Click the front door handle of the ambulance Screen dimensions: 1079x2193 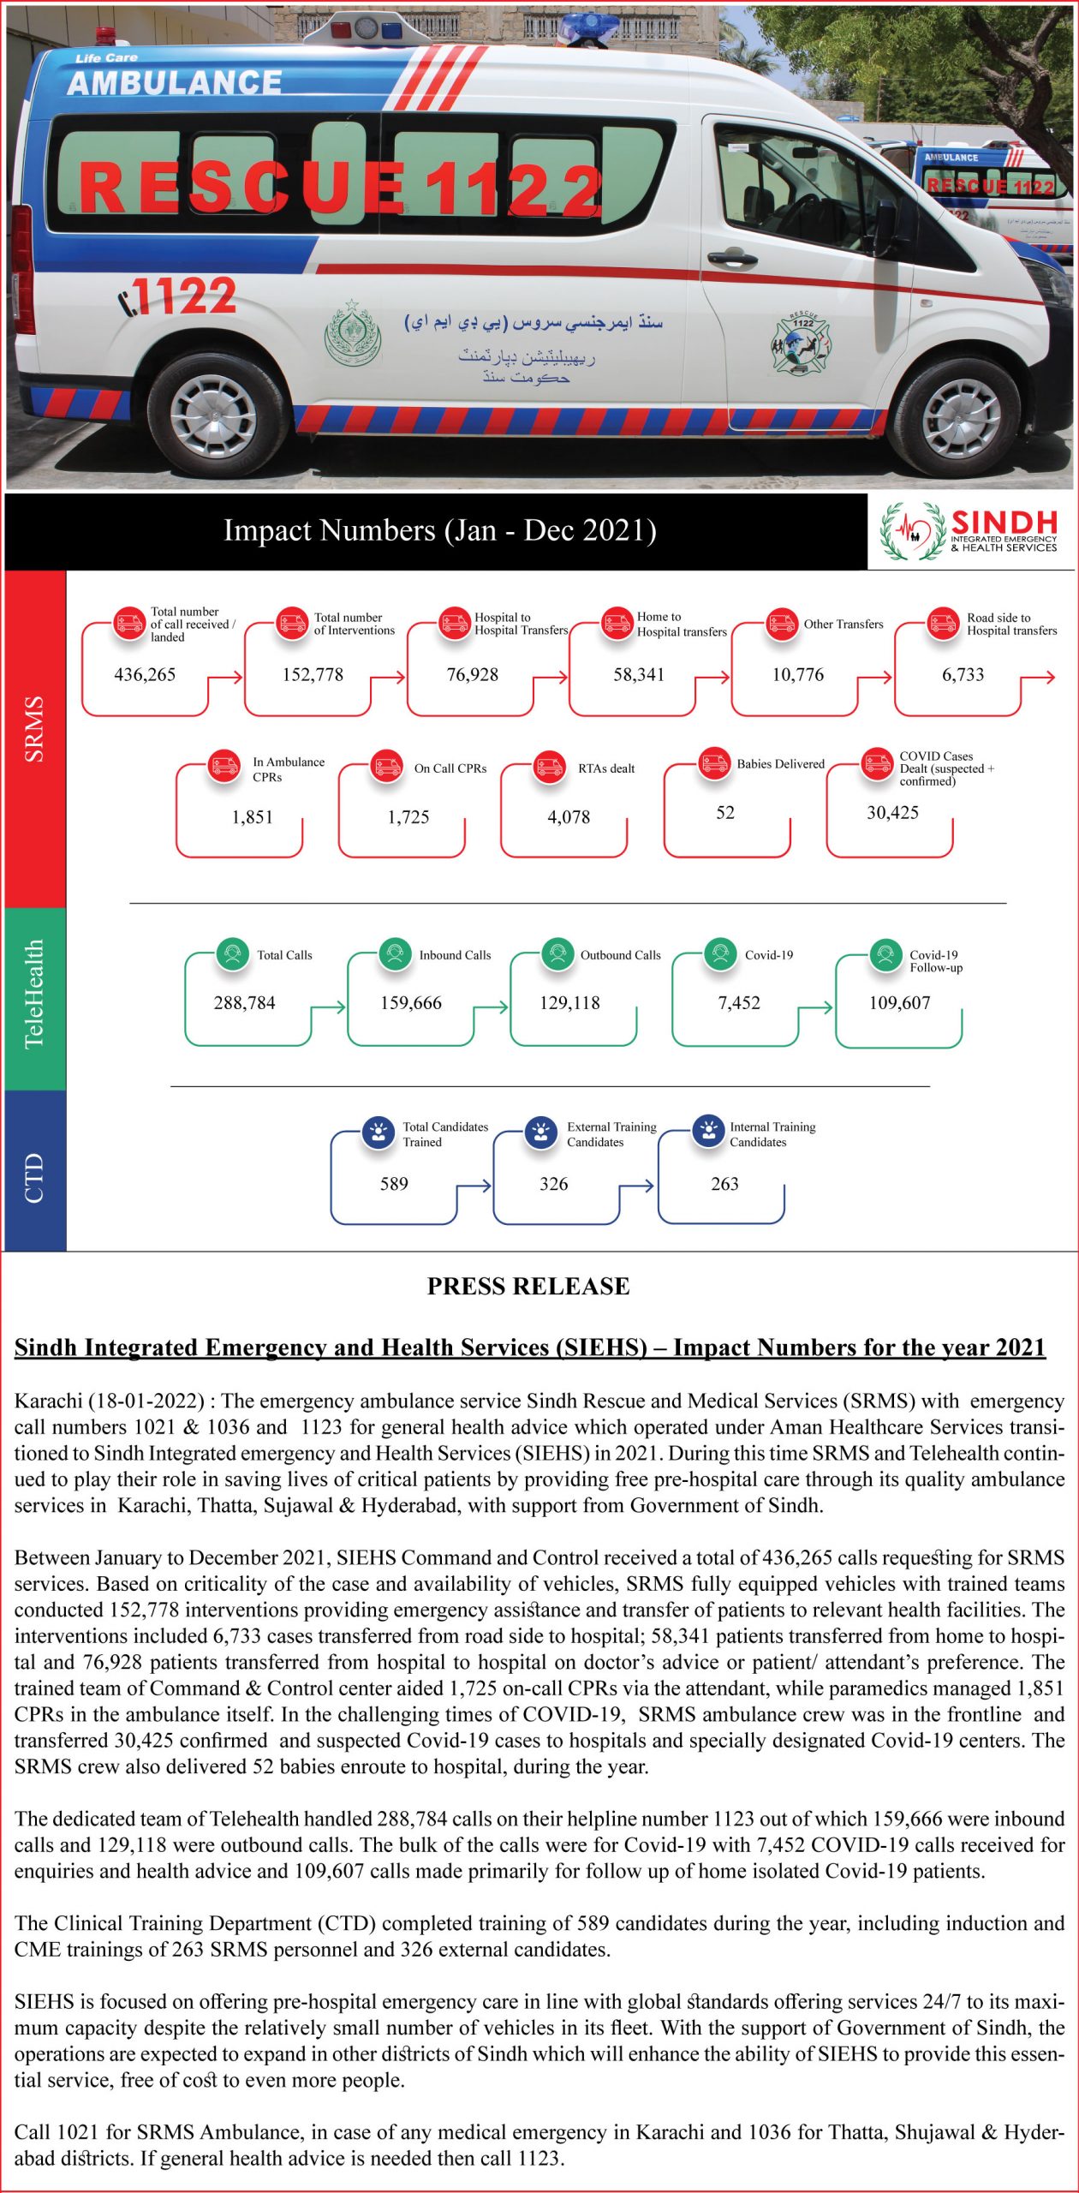click(731, 257)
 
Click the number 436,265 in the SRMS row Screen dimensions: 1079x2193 click(145, 675)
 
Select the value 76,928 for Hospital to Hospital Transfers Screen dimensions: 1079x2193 click(472, 675)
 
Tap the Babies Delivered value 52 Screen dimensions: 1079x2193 click(725, 813)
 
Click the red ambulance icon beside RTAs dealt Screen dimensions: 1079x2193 click(549, 767)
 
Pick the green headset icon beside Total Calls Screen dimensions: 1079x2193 click(231, 954)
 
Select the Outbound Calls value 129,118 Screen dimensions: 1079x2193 click(569, 1003)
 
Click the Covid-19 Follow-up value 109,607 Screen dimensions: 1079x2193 click(899, 1003)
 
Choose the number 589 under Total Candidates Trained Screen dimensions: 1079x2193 click(394, 1184)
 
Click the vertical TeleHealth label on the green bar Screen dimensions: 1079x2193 click(33, 995)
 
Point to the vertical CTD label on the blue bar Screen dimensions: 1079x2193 click(33, 1178)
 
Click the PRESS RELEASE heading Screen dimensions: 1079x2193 click(528, 1286)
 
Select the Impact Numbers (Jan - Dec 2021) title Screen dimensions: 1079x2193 click(440, 530)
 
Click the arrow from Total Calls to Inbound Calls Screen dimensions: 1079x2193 click(328, 1007)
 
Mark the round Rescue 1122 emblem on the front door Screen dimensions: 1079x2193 click(802, 341)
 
